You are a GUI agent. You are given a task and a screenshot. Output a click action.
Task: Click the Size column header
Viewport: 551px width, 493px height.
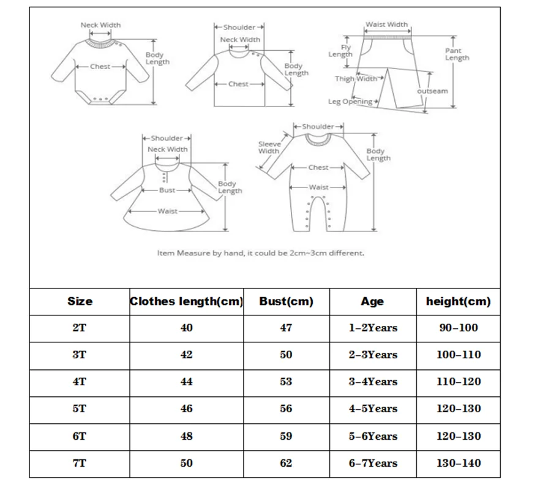tap(80, 301)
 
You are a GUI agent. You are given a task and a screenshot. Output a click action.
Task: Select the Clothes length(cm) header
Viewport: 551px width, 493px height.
tap(186, 301)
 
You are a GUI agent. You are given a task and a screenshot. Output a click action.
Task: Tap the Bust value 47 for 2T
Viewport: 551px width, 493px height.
tap(286, 328)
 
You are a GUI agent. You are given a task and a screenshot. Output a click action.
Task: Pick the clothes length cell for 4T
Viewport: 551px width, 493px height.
tap(186, 382)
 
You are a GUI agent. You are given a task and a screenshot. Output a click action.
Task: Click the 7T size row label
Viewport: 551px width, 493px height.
tap(80, 464)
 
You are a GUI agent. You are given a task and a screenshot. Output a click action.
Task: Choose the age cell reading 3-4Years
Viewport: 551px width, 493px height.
tap(372, 382)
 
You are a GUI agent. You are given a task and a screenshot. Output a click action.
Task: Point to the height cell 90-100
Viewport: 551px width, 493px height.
tap(458, 328)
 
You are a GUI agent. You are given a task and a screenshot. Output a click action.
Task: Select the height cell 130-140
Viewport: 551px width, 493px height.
tap(458, 464)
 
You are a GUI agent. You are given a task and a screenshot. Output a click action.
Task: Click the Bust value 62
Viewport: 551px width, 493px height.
tap(286, 464)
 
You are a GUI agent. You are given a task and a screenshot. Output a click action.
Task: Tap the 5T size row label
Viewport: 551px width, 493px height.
tap(80, 409)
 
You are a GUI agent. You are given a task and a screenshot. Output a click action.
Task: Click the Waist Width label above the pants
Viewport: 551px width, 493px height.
tap(386, 25)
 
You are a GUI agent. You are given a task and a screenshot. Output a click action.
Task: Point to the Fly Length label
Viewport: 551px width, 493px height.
tap(340, 51)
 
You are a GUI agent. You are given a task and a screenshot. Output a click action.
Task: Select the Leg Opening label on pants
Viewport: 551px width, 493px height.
tap(350, 102)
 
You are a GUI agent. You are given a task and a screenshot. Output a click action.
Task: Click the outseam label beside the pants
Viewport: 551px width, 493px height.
tap(432, 91)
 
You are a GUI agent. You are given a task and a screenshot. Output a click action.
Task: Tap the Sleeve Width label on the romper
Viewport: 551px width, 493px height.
tap(269, 148)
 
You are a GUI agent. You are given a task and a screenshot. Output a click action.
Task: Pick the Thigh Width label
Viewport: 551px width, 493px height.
tap(356, 79)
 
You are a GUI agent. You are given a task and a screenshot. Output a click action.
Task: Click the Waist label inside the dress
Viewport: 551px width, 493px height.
tap(167, 211)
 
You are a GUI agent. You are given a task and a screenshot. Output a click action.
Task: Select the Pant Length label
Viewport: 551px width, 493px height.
tap(457, 55)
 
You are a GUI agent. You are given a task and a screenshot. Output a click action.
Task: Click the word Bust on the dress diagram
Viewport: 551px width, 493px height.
tap(167, 190)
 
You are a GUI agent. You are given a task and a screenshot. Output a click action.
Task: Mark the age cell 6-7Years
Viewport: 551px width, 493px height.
tap(372, 464)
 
